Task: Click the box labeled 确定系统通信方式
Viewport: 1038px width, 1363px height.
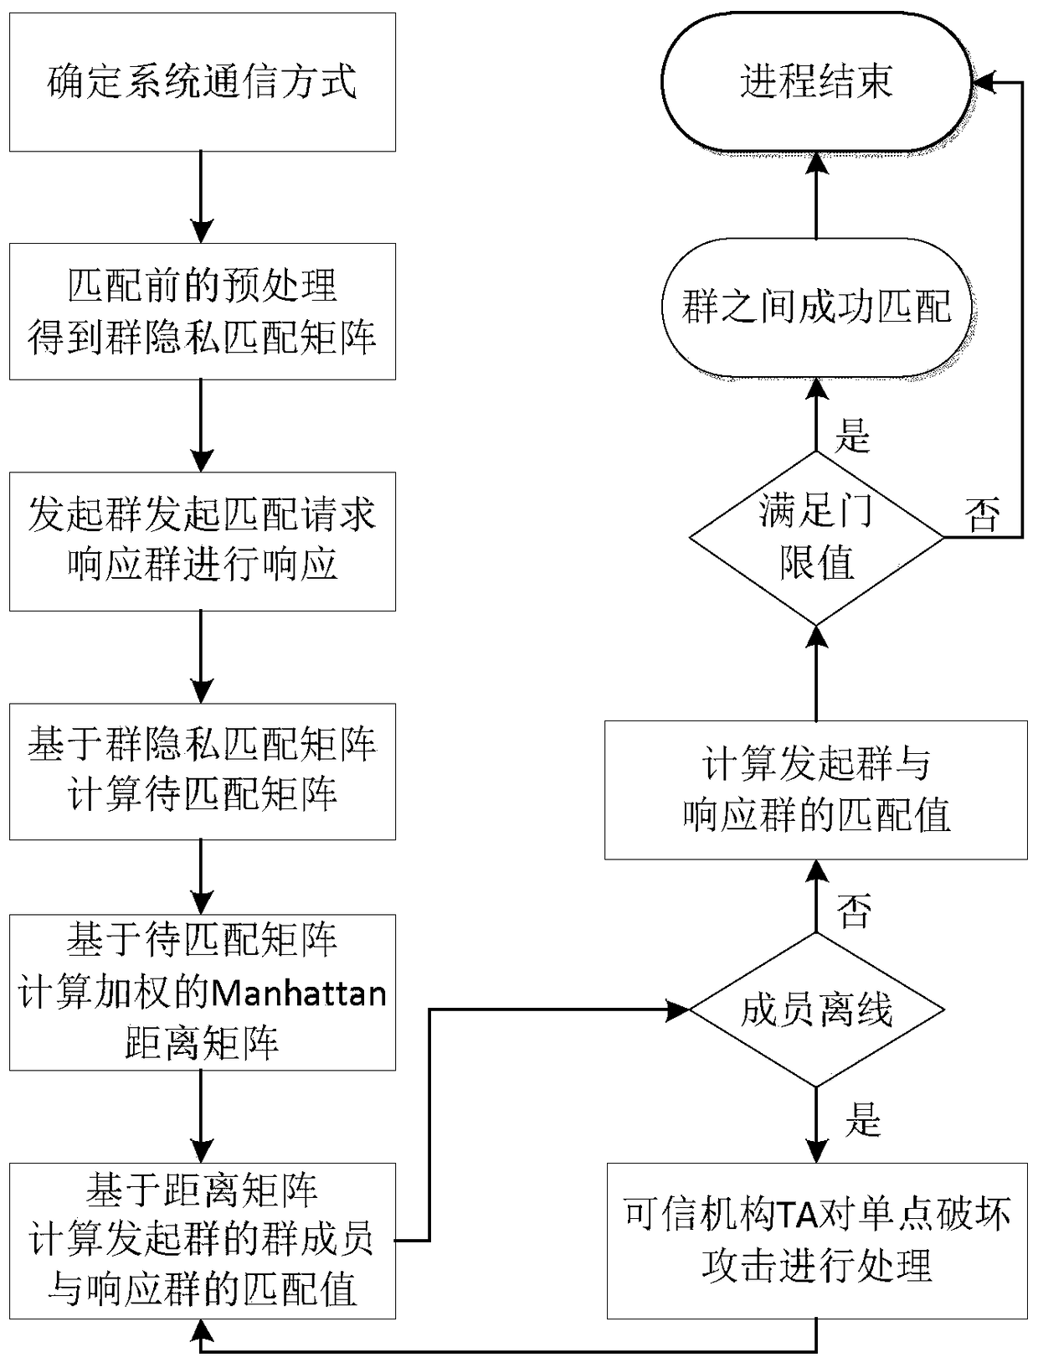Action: click(x=202, y=82)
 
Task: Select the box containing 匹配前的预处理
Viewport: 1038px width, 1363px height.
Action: click(x=202, y=311)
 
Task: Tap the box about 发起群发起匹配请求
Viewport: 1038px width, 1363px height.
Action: click(x=202, y=540)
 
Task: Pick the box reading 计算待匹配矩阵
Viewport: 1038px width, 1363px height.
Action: click(x=202, y=771)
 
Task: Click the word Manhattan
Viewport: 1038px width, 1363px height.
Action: click(x=298, y=994)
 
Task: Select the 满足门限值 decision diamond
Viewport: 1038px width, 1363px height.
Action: click(x=816, y=537)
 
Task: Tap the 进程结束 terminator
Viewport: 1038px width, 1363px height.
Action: click(x=816, y=82)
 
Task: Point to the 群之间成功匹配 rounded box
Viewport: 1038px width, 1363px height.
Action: click(x=816, y=307)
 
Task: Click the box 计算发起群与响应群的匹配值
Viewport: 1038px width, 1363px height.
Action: click(x=816, y=789)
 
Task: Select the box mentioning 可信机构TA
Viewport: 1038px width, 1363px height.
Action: click(x=816, y=1240)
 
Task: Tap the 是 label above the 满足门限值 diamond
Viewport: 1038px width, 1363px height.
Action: click(x=853, y=435)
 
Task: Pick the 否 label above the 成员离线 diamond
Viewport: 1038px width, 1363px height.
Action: click(x=854, y=911)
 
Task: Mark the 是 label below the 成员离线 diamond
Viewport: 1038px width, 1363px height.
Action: click(x=862, y=1118)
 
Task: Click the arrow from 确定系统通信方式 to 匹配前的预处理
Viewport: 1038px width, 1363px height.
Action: click(x=201, y=197)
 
